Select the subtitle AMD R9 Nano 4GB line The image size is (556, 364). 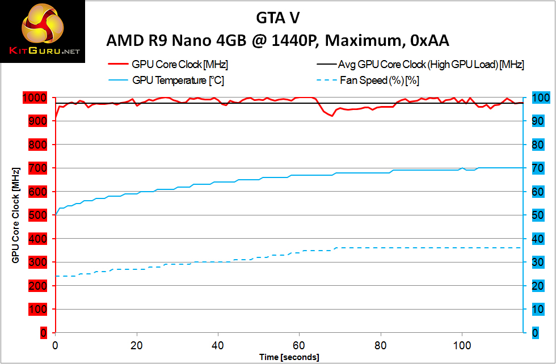tap(277, 41)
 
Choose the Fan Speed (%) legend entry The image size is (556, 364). tap(379, 81)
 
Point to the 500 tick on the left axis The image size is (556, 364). tap(38, 215)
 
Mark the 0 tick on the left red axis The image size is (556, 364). tap(43, 333)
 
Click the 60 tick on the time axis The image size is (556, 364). tap(299, 345)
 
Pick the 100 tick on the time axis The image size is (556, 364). tap(462, 345)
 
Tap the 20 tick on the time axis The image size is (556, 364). tap(136, 345)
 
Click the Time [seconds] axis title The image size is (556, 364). tap(289, 357)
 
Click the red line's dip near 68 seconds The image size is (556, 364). tap(332, 116)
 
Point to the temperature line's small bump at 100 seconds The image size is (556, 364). tap(462, 168)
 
